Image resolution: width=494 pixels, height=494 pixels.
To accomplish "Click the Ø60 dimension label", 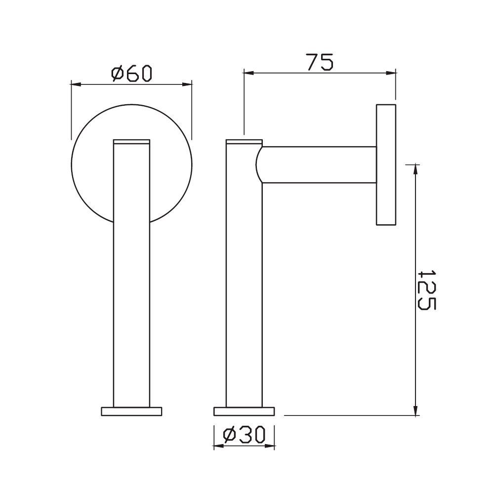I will (131, 74).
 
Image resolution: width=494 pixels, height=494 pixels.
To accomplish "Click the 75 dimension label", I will (320, 63).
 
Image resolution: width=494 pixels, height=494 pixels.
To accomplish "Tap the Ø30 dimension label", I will (244, 435).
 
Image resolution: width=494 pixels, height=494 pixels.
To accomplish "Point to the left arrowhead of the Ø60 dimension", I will (76, 84).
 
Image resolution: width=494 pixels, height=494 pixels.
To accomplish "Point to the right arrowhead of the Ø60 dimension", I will (188, 84).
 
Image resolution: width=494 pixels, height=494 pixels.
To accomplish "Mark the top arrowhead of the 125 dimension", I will (415, 168).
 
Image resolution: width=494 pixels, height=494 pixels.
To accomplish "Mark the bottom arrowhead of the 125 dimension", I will (415, 411).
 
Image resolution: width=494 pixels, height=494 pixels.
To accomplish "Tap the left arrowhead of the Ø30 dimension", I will (217, 446).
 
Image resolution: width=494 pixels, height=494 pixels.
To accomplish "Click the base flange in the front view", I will (131, 411).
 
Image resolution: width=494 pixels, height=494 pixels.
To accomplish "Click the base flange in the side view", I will (244, 411).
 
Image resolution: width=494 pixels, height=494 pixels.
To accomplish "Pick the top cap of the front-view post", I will (131, 142).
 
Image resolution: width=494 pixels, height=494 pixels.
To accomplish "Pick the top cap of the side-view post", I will (244, 142).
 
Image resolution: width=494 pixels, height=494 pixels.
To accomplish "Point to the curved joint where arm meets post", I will (260, 165).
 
